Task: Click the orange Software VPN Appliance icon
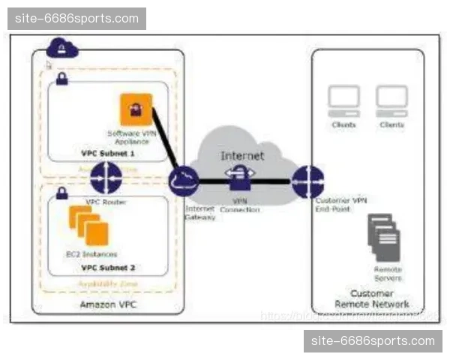pyautogui.click(x=136, y=109)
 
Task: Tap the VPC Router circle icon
pyautogui.click(x=106, y=178)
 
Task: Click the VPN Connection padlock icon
pyautogui.click(x=240, y=179)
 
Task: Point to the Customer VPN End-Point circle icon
pyautogui.click(x=307, y=182)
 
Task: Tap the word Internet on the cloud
pyautogui.click(x=242, y=155)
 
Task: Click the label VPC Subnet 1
pyautogui.click(x=108, y=153)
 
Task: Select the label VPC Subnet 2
pyautogui.click(x=108, y=268)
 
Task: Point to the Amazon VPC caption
pyautogui.click(x=108, y=305)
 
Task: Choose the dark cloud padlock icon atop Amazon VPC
pyautogui.click(x=61, y=49)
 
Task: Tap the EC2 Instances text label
pyautogui.click(x=91, y=254)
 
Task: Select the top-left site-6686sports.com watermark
pyautogui.click(x=78, y=19)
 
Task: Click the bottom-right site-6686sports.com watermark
pyautogui.click(x=372, y=342)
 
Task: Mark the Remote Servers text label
pyautogui.click(x=388, y=274)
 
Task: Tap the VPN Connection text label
pyautogui.click(x=240, y=205)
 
